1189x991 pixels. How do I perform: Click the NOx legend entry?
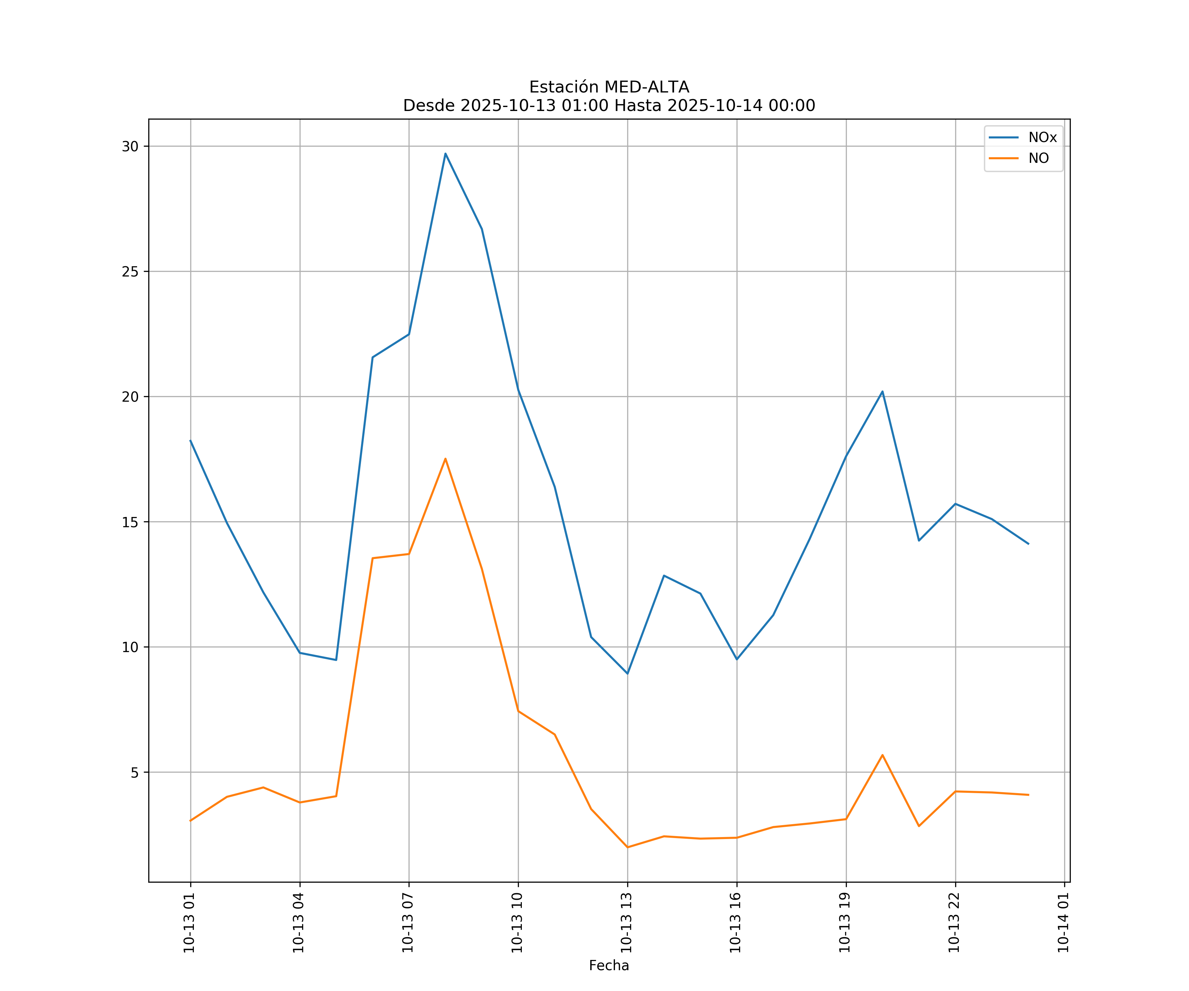tap(1042, 138)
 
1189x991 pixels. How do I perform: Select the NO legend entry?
tap(1038, 159)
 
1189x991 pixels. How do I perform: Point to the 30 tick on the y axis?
tap(130, 146)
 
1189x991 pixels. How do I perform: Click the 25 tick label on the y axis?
tap(130, 271)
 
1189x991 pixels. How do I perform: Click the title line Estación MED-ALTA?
tap(609, 87)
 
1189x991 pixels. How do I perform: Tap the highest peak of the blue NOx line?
tap(446, 154)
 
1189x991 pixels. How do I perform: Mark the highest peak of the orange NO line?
tap(446, 459)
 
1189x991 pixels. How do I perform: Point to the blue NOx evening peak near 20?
tap(882, 391)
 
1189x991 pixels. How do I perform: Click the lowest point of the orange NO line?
tap(627, 847)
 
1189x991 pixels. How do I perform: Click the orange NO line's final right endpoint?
tap(1028, 795)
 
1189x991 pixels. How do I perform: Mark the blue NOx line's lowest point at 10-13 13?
tap(627, 673)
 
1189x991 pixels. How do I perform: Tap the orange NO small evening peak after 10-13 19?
tap(882, 755)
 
